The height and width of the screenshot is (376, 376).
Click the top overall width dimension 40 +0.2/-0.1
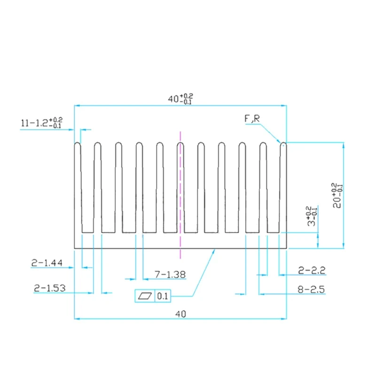pos(180,98)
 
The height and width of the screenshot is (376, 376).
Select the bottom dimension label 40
pos(180,313)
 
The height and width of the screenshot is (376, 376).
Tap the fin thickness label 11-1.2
pos(41,123)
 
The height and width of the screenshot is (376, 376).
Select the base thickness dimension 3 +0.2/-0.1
pos(312,217)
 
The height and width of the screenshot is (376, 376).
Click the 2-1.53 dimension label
pos(49,288)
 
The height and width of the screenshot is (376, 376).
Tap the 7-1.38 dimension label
pos(170,274)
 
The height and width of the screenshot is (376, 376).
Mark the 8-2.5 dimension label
pos(311,290)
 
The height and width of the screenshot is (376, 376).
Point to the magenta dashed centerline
pos(180,197)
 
